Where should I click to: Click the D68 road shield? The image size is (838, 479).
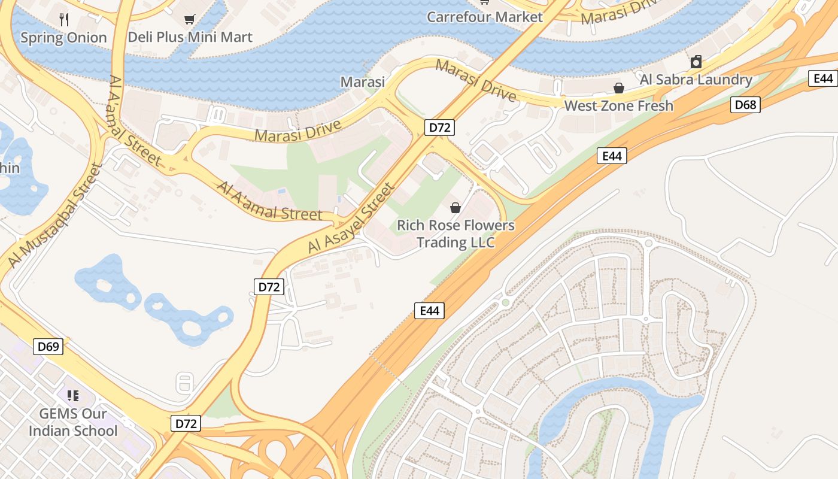click(746, 105)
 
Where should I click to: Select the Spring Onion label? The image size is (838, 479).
click(63, 38)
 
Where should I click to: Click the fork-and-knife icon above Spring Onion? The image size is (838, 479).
click(64, 20)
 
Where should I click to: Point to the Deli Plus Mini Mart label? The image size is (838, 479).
click(190, 37)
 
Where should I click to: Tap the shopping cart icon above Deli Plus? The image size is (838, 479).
click(190, 20)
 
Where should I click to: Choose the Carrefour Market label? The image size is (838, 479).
click(484, 17)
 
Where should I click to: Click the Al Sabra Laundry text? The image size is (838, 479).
click(696, 80)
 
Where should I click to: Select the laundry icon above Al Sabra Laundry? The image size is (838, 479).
click(696, 62)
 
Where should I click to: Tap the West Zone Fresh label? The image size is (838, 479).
click(619, 106)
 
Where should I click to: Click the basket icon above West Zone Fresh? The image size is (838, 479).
click(619, 89)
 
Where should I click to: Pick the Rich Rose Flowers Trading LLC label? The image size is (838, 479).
click(456, 234)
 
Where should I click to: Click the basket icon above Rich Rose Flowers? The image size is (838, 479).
click(456, 208)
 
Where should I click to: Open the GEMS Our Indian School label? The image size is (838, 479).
click(73, 422)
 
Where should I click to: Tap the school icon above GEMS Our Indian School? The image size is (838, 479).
click(73, 395)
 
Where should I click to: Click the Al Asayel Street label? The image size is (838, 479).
click(351, 218)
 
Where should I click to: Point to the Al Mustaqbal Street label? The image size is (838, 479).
click(53, 215)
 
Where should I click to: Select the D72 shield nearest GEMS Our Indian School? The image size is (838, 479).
click(186, 423)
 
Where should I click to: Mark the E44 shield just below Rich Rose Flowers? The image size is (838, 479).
click(429, 310)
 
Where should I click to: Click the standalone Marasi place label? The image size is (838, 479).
click(362, 81)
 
